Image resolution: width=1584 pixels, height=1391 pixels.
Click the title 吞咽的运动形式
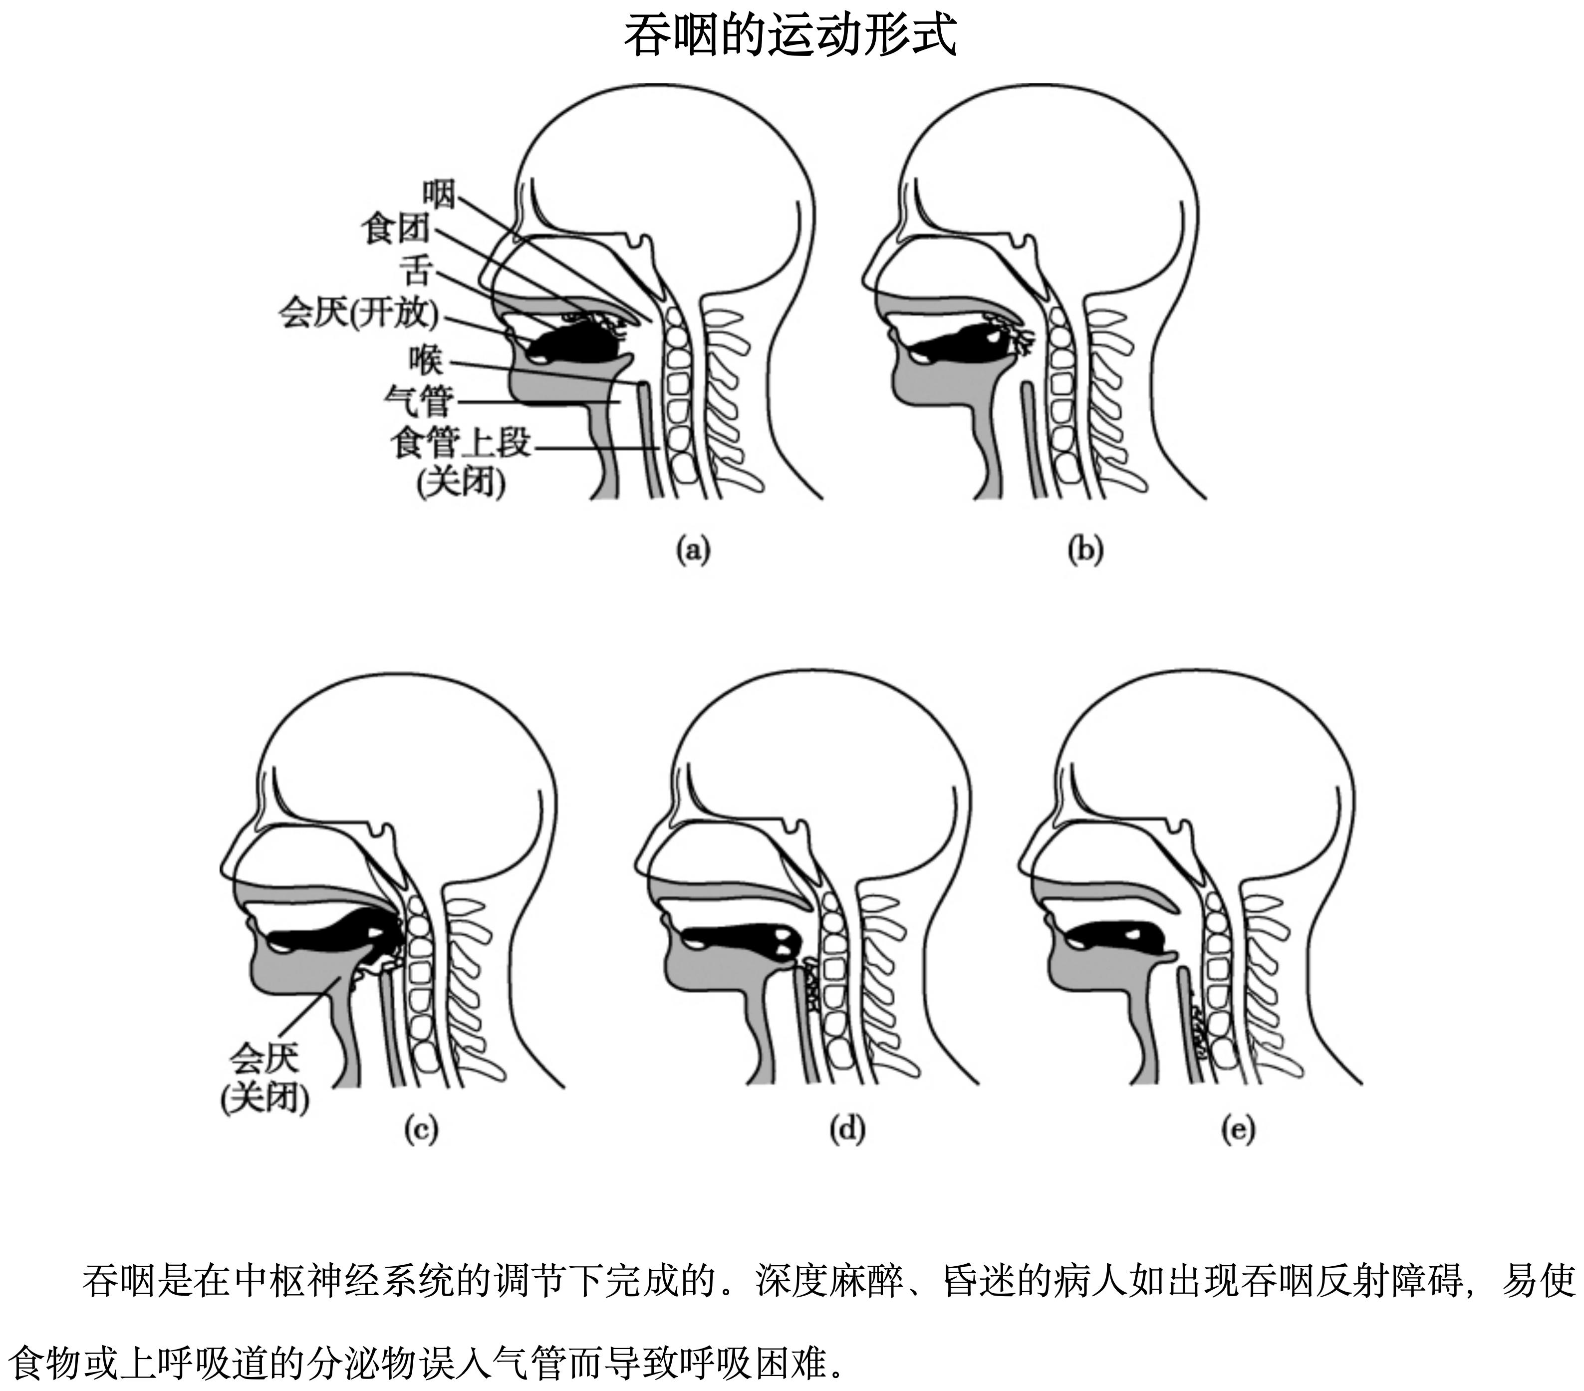pyautogui.click(x=791, y=35)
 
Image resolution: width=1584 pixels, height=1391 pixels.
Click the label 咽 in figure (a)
pyautogui.click(x=439, y=194)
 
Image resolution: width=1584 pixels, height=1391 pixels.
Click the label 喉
pyautogui.click(x=426, y=360)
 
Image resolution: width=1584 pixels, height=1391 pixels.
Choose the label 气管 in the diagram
pyautogui.click(x=419, y=401)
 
